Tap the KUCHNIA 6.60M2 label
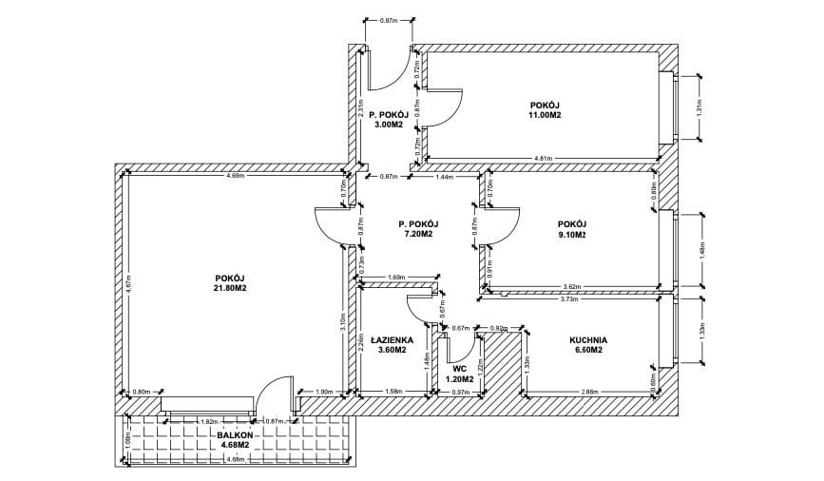click(588, 345)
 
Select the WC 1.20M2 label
click(459, 374)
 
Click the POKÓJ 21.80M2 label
click(230, 283)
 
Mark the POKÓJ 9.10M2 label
click(571, 229)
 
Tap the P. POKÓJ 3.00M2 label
click(387, 119)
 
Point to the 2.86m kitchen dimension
click(589, 392)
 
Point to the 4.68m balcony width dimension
click(236, 460)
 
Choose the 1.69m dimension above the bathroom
click(397, 277)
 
